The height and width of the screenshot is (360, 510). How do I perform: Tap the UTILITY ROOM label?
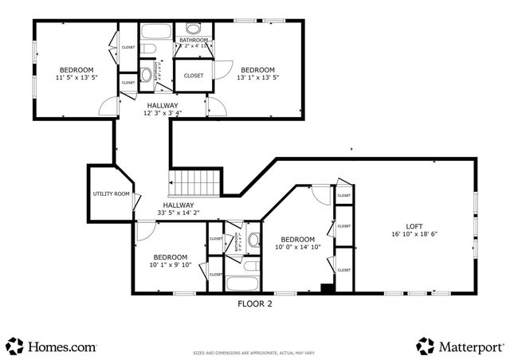[x=111, y=194]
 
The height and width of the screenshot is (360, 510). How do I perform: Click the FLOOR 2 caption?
[x=255, y=303]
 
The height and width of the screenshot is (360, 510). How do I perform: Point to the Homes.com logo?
[x=53, y=346]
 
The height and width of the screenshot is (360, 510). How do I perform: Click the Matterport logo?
[x=461, y=346]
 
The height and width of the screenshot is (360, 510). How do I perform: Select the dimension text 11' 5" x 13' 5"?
[x=76, y=78]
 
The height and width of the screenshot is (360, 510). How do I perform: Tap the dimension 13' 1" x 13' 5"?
[x=257, y=78]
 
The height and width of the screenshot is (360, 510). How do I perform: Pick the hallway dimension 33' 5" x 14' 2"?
[x=179, y=213]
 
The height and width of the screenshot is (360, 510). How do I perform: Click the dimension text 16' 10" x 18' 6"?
[x=414, y=234]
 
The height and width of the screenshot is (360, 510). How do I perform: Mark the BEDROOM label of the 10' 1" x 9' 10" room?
[x=171, y=256]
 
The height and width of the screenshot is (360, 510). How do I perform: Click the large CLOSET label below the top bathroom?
[x=194, y=76]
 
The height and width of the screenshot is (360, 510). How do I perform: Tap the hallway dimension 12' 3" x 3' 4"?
[x=162, y=113]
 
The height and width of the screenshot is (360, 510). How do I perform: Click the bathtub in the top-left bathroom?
[x=156, y=33]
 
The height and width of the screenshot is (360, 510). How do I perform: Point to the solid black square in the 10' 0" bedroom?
[x=326, y=288]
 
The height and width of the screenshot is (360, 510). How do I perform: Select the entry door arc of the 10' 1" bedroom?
[x=145, y=231]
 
